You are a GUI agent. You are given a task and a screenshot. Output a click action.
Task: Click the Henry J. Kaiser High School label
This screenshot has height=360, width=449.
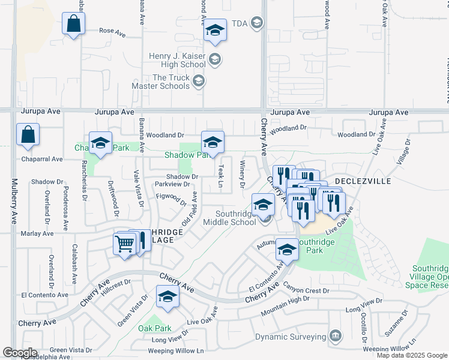click(177, 60)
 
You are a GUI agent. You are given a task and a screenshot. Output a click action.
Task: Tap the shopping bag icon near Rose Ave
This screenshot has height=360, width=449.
click(73, 25)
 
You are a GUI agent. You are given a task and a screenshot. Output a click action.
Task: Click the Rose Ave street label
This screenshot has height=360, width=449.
click(112, 31)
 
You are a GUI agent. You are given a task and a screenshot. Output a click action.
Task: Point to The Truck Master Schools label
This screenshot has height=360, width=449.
click(171, 82)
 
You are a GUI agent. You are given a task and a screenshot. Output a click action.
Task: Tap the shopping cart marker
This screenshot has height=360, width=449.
click(124, 244)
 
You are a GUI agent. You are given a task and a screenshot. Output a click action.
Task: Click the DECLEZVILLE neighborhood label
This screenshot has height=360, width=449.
click(363, 181)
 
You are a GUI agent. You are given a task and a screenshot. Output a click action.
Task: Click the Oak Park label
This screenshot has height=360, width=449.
click(155, 328)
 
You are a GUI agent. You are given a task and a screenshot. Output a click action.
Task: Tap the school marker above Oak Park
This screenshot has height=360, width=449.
click(167, 296)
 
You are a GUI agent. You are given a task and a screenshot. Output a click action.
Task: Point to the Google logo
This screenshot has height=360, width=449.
click(20, 353)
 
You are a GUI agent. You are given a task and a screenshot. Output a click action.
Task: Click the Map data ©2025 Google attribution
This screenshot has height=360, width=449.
click(412, 355)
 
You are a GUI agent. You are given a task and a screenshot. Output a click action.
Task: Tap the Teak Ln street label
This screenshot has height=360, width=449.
click(221, 176)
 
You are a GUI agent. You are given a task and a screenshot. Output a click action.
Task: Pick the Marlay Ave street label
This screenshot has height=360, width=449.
click(37, 233)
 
